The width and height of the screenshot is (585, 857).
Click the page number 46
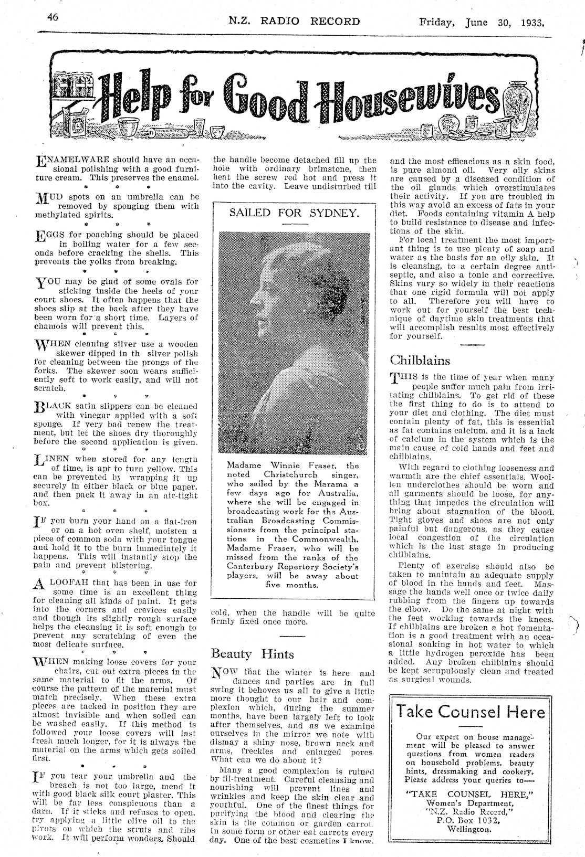(x=52, y=17)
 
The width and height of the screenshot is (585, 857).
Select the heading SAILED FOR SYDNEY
(x=294, y=213)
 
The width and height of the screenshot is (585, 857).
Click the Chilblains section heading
(x=420, y=361)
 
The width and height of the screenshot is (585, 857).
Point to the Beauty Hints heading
(x=253, y=654)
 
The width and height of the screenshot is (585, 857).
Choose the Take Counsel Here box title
(x=471, y=712)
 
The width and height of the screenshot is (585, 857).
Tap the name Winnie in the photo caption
(x=285, y=465)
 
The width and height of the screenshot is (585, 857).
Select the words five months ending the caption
(x=292, y=585)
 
